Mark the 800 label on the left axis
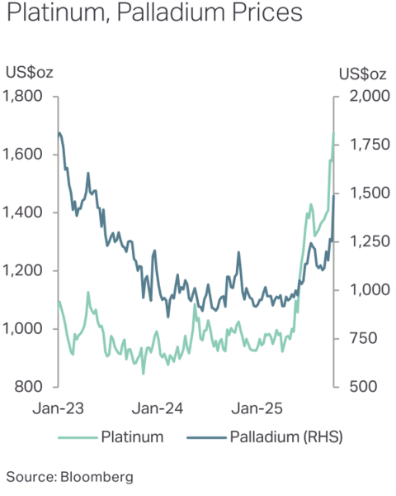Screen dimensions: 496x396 [x=31, y=387]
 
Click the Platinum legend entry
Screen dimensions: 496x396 [x=131, y=437]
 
